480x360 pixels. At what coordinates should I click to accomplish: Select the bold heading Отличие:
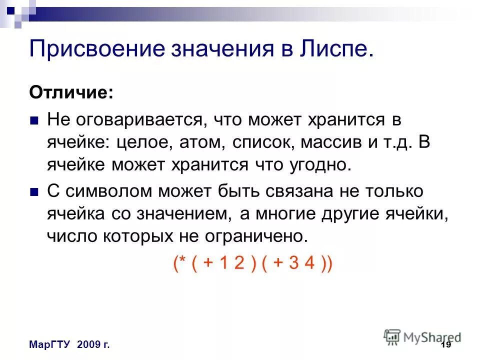[x=71, y=92]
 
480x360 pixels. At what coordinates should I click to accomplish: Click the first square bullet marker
[x=34, y=121]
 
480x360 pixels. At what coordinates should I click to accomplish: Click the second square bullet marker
[x=34, y=192]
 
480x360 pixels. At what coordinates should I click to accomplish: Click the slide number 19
[x=446, y=345]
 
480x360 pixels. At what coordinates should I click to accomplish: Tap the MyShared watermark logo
[x=422, y=336]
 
